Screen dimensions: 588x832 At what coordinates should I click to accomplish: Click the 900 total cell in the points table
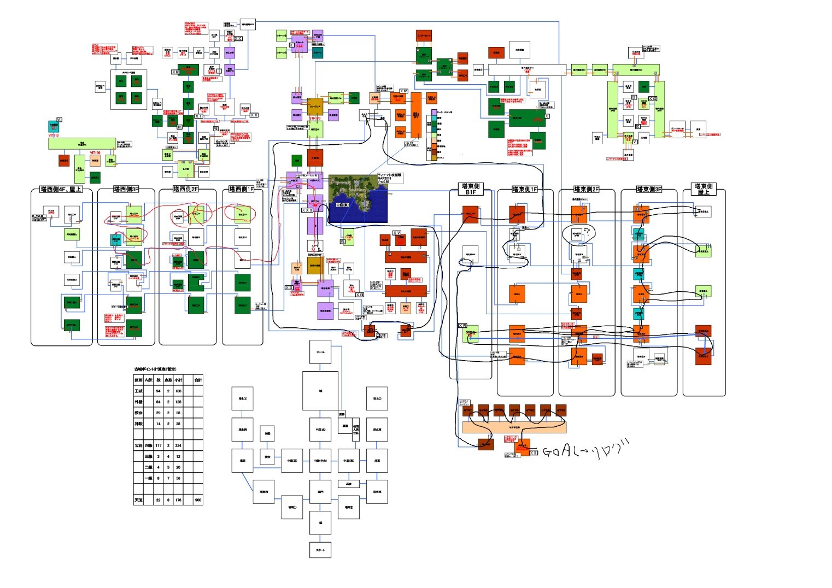pos(197,499)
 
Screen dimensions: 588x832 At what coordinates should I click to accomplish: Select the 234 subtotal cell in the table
pos(178,445)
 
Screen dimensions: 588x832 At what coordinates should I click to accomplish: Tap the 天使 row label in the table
pos(139,499)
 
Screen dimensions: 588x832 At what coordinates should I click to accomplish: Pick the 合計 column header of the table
pos(197,380)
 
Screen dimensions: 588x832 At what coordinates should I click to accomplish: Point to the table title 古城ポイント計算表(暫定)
pos(155,369)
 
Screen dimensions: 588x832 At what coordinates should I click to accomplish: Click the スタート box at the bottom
pos(320,550)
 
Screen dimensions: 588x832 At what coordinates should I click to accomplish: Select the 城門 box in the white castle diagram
pos(320,492)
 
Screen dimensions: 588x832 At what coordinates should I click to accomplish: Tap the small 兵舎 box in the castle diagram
pos(349,484)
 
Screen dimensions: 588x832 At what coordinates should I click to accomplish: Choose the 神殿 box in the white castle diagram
pos(267,434)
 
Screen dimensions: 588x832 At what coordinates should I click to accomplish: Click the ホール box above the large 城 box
pos(320,352)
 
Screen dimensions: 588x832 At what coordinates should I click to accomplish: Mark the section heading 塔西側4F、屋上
pos(61,190)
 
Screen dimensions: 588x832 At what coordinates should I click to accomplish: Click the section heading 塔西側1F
pos(242,189)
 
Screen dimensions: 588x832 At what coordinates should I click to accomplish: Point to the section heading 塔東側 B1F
pos(471,189)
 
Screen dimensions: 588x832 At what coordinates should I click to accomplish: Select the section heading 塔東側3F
pos(649,189)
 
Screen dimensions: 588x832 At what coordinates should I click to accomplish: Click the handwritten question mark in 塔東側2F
pos(587,233)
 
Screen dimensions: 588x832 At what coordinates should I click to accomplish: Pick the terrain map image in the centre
pos(358,198)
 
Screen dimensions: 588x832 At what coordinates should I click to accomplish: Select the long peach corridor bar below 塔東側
pos(514,427)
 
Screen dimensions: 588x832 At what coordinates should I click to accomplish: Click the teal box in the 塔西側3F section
pos(116,240)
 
